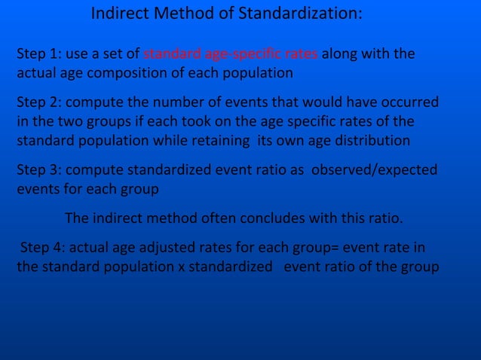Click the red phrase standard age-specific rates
pyautogui.click(x=231, y=54)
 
